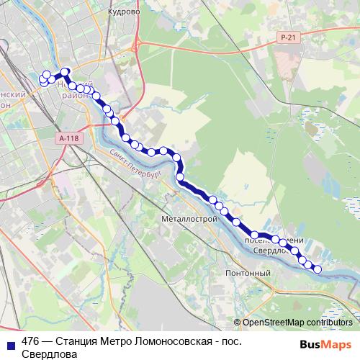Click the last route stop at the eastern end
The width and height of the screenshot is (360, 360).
point(318,269)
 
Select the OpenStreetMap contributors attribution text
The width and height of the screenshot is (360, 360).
point(297,302)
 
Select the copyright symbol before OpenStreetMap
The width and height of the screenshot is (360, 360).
point(237,302)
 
